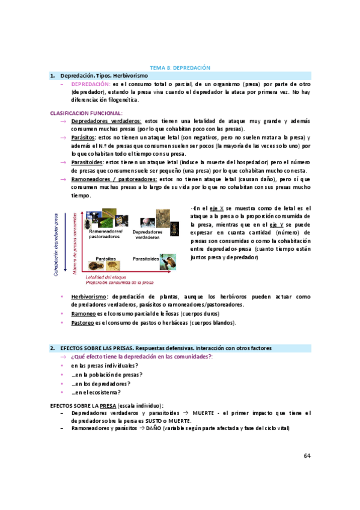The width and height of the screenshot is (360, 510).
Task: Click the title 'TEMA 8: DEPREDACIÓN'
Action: (x=180, y=68)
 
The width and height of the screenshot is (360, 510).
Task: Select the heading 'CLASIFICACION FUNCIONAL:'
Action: (x=86, y=112)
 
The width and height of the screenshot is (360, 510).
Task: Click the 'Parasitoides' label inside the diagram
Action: (x=145, y=259)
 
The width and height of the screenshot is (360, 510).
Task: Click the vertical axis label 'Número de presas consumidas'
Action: (x=74, y=241)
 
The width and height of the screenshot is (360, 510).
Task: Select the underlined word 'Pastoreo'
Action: (x=82, y=322)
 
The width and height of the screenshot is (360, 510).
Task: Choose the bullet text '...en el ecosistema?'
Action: (x=96, y=392)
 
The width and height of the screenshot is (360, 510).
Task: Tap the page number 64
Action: (x=307, y=455)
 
